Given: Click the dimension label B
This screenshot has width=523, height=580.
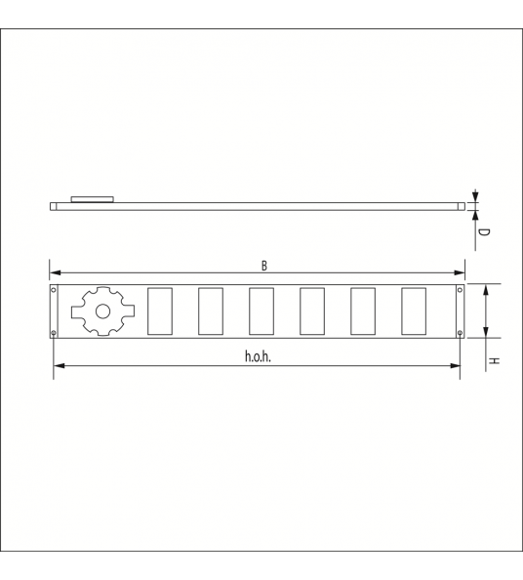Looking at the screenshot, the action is point(263,266).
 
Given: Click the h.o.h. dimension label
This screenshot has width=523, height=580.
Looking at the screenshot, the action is point(258,356).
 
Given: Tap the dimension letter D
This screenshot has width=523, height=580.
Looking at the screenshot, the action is point(484,232).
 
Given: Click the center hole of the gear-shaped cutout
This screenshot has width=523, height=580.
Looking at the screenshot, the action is point(102,311).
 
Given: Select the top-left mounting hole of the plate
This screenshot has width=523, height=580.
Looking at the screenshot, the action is point(54,290).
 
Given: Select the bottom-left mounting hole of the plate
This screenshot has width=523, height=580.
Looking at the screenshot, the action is point(54,333).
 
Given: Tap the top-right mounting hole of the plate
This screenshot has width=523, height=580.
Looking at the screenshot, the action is point(461,290).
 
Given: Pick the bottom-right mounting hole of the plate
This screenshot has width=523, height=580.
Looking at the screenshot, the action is point(461,333).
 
